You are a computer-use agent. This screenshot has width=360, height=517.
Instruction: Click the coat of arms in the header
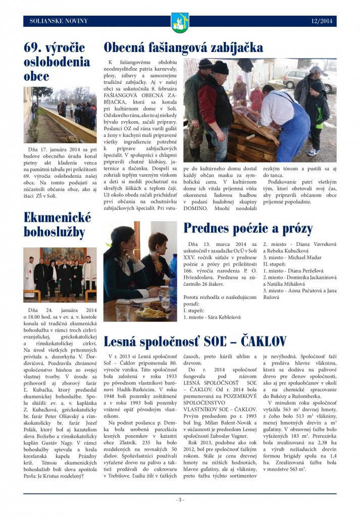click(x=180, y=22)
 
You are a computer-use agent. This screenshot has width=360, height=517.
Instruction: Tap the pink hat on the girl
click(x=239, y=79)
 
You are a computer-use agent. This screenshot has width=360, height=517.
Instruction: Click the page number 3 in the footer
click(x=180, y=500)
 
